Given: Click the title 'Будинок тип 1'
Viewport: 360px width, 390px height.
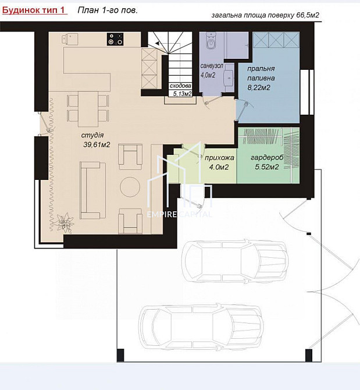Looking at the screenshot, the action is coord(33,10).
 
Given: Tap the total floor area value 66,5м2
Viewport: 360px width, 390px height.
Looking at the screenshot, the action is coord(308,15).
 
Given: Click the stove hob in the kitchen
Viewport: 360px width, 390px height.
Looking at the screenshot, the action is coord(115,40).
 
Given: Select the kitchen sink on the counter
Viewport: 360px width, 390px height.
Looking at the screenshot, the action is coord(70,40).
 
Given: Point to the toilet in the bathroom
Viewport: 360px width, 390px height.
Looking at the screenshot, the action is coord(211,42).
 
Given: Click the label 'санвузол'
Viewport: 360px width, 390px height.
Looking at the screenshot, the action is coord(212,66).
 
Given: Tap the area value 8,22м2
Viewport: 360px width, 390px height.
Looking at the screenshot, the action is coord(259,88).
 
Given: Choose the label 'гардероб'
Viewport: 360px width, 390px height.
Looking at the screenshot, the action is coord(267,158).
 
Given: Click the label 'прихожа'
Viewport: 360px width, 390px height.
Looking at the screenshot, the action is coord(219,158).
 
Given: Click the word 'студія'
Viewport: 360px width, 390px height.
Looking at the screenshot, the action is coord(92,135).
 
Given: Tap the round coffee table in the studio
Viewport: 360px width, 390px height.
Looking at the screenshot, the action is coord(130,186).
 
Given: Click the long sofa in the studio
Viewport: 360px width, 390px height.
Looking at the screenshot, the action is coord(92,190).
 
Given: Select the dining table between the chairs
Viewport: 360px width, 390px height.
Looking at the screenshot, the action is coord(88,109).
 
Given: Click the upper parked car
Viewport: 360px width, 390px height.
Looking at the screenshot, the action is coord(235,261).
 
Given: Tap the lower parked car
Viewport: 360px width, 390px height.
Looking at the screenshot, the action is coord(201,327).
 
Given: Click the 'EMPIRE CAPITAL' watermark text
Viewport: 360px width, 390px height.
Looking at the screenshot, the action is coord(179,214).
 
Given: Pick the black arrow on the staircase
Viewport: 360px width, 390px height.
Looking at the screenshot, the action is coord(157,44).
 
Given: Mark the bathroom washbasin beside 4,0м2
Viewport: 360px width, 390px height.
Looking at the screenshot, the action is coord(229,77).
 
